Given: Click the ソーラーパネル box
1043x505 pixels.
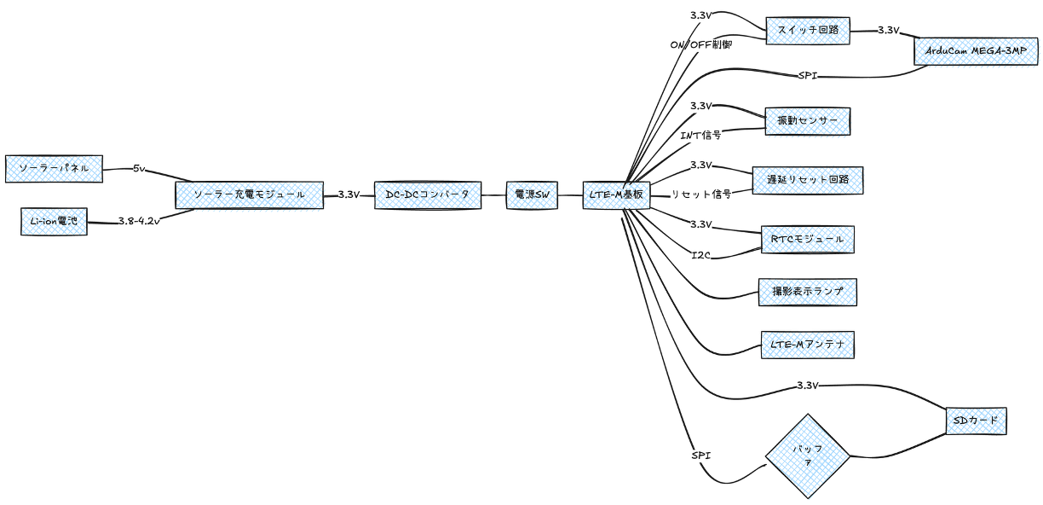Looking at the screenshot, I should point(54,169).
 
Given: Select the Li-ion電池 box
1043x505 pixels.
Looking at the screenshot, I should point(54,222).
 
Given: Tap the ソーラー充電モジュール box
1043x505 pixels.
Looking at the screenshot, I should point(249,194).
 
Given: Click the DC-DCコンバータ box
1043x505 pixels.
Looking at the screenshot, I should point(428,194).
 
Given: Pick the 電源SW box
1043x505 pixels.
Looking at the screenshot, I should point(530,194).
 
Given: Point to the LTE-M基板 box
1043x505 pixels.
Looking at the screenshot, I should point(617,194).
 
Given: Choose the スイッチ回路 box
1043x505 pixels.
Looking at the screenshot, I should point(808,30).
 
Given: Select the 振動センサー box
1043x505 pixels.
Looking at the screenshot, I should point(808,121).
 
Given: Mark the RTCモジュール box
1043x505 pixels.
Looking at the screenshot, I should point(807,240).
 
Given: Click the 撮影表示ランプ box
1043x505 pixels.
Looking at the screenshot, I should point(807,292).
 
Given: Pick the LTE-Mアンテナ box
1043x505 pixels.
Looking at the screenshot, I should point(807,345).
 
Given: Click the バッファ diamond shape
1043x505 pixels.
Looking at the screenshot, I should point(808,456).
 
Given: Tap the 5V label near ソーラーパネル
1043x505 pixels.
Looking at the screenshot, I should point(141,169).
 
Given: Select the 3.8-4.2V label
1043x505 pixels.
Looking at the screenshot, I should point(140,223).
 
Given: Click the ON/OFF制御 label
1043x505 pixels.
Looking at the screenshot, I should point(701,44).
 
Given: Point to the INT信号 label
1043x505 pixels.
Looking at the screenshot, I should point(700,135).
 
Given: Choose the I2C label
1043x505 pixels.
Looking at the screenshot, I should point(700,254).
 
